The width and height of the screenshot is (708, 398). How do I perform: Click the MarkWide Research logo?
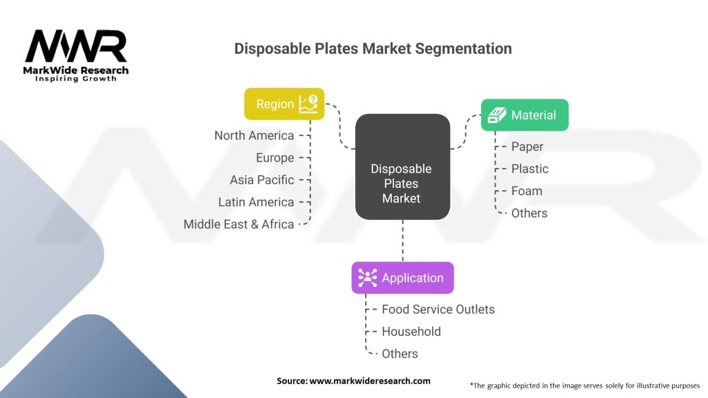click(77, 55)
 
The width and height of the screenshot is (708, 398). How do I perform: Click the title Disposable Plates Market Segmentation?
click(373, 48)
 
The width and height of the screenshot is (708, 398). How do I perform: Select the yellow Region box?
click(284, 104)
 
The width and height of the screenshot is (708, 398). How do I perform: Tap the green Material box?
click(525, 115)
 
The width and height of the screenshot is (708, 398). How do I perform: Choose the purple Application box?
click(402, 278)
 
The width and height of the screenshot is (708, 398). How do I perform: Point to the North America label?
click(254, 135)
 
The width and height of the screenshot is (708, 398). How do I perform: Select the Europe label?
click(274, 158)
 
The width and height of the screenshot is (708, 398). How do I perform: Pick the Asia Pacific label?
click(262, 180)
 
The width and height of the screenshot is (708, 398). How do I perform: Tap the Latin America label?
click(256, 202)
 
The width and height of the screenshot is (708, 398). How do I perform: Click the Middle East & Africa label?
click(239, 224)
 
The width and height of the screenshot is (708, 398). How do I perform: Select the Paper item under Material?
click(527, 146)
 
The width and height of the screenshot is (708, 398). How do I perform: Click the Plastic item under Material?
click(530, 169)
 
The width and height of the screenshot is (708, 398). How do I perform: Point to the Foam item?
click(526, 191)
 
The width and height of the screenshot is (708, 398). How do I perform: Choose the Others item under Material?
click(529, 213)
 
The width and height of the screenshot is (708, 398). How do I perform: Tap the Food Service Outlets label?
click(438, 310)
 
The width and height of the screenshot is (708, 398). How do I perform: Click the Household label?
click(411, 332)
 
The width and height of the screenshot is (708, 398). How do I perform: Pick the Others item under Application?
click(400, 354)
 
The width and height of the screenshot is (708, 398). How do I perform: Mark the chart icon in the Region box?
click(308, 104)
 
